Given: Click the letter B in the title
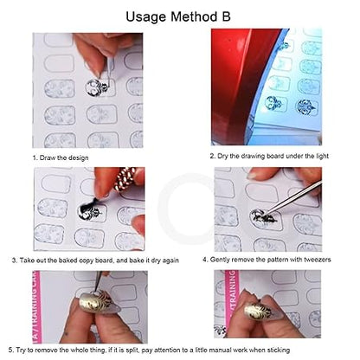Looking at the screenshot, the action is point(226,16).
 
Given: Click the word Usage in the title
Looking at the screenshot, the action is point(145,17).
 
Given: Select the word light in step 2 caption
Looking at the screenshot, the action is point(323,156).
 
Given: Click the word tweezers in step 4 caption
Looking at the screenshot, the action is point(317,260).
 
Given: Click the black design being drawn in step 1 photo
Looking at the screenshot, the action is point(97,87).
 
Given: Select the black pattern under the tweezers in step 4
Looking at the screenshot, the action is point(263,218).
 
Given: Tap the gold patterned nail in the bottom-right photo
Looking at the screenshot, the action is point(258,312).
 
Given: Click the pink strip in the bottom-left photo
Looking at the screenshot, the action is point(37,306).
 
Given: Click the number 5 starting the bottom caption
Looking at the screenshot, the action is point(10,350).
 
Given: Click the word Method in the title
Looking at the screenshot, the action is point(194,16).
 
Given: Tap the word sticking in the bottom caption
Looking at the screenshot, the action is point(279,350).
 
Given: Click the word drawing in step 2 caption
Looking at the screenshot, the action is point(253,156).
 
